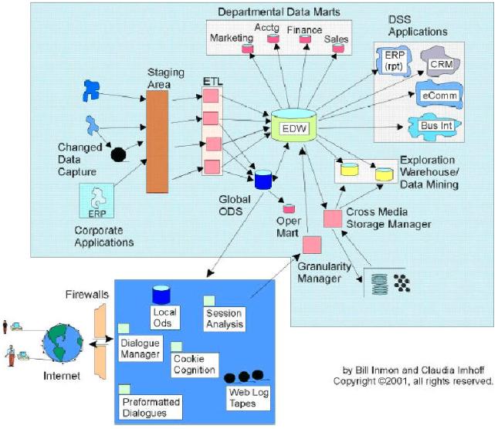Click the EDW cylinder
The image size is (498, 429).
(x=294, y=125)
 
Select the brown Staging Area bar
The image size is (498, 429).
(x=158, y=141)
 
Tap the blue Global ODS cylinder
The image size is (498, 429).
(x=263, y=180)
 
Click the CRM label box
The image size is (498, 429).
(x=442, y=64)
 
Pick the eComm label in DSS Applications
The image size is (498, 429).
(x=440, y=96)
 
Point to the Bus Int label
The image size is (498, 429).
(x=436, y=126)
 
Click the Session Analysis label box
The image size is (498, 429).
(x=224, y=319)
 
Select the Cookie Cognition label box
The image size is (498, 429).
(x=195, y=365)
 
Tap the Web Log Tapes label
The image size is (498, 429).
(x=249, y=398)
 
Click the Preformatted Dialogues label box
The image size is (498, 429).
(x=151, y=407)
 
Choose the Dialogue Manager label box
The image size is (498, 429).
(x=141, y=349)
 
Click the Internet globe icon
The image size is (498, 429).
(x=63, y=343)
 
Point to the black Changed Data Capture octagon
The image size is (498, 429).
(x=118, y=155)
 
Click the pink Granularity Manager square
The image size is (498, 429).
(x=312, y=245)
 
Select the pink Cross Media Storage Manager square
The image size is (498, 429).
(x=333, y=218)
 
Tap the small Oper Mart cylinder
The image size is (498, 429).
(x=289, y=208)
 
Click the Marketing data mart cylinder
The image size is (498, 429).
(x=247, y=49)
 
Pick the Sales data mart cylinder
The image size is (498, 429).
(x=338, y=48)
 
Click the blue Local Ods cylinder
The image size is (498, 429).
(x=161, y=295)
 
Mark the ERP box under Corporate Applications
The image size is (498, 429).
(x=97, y=201)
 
